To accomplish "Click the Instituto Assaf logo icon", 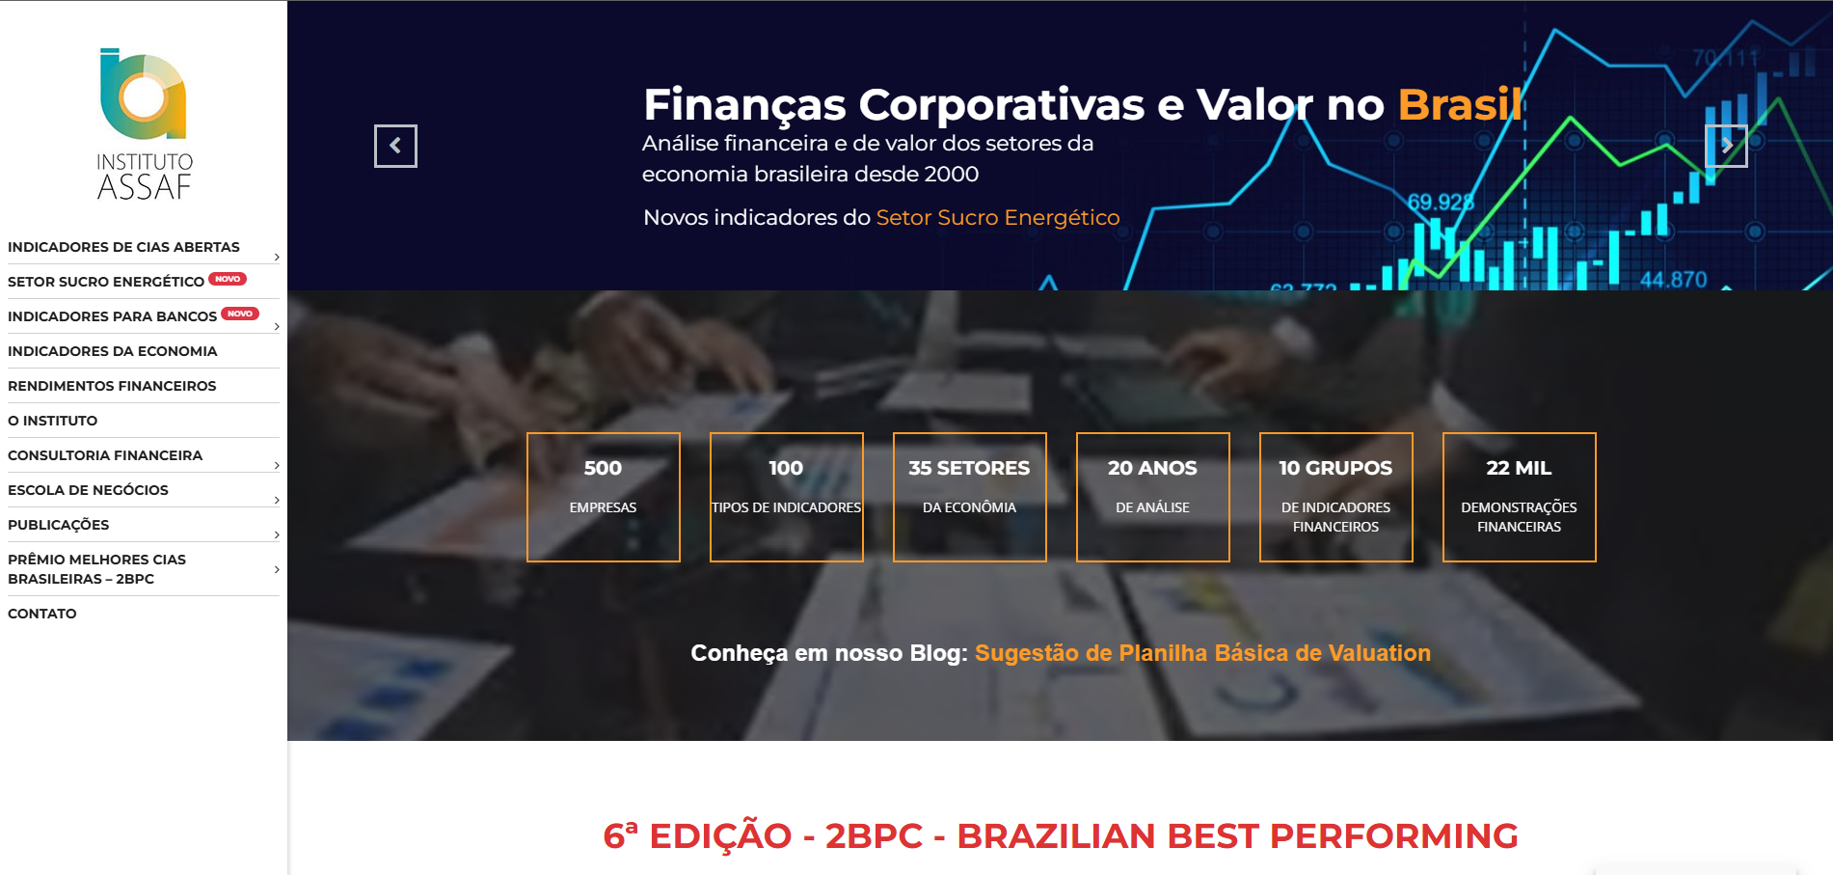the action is click(x=144, y=95).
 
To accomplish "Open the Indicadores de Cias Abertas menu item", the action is click(x=123, y=247).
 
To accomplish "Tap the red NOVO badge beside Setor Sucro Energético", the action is click(x=228, y=279).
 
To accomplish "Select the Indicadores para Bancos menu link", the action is click(x=112, y=316).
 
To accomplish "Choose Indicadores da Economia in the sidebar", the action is click(x=112, y=351).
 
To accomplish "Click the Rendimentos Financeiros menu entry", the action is click(x=112, y=386).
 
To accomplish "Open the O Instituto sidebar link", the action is click(x=52, y=421).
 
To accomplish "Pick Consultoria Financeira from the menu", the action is click(x=105, y=455).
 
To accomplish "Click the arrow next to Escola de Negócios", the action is click(x=277, y=500).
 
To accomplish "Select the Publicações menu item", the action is click(x=58, y=525).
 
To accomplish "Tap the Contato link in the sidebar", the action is click(x=42, y=614).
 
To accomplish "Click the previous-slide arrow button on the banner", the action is click(x=395, y=146).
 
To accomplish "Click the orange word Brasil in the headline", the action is click(x=1460, y=104).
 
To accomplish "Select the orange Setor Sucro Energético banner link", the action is click(x=998, y=217).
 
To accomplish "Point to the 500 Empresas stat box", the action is click(x=604, y=497).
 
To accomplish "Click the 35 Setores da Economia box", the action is click(x=970, y=497).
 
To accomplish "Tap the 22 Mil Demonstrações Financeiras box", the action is click(x=1520, y=497).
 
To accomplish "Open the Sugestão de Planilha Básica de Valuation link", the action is click(x=1202, y=653).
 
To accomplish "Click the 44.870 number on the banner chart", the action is click(x=1673, y=280).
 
